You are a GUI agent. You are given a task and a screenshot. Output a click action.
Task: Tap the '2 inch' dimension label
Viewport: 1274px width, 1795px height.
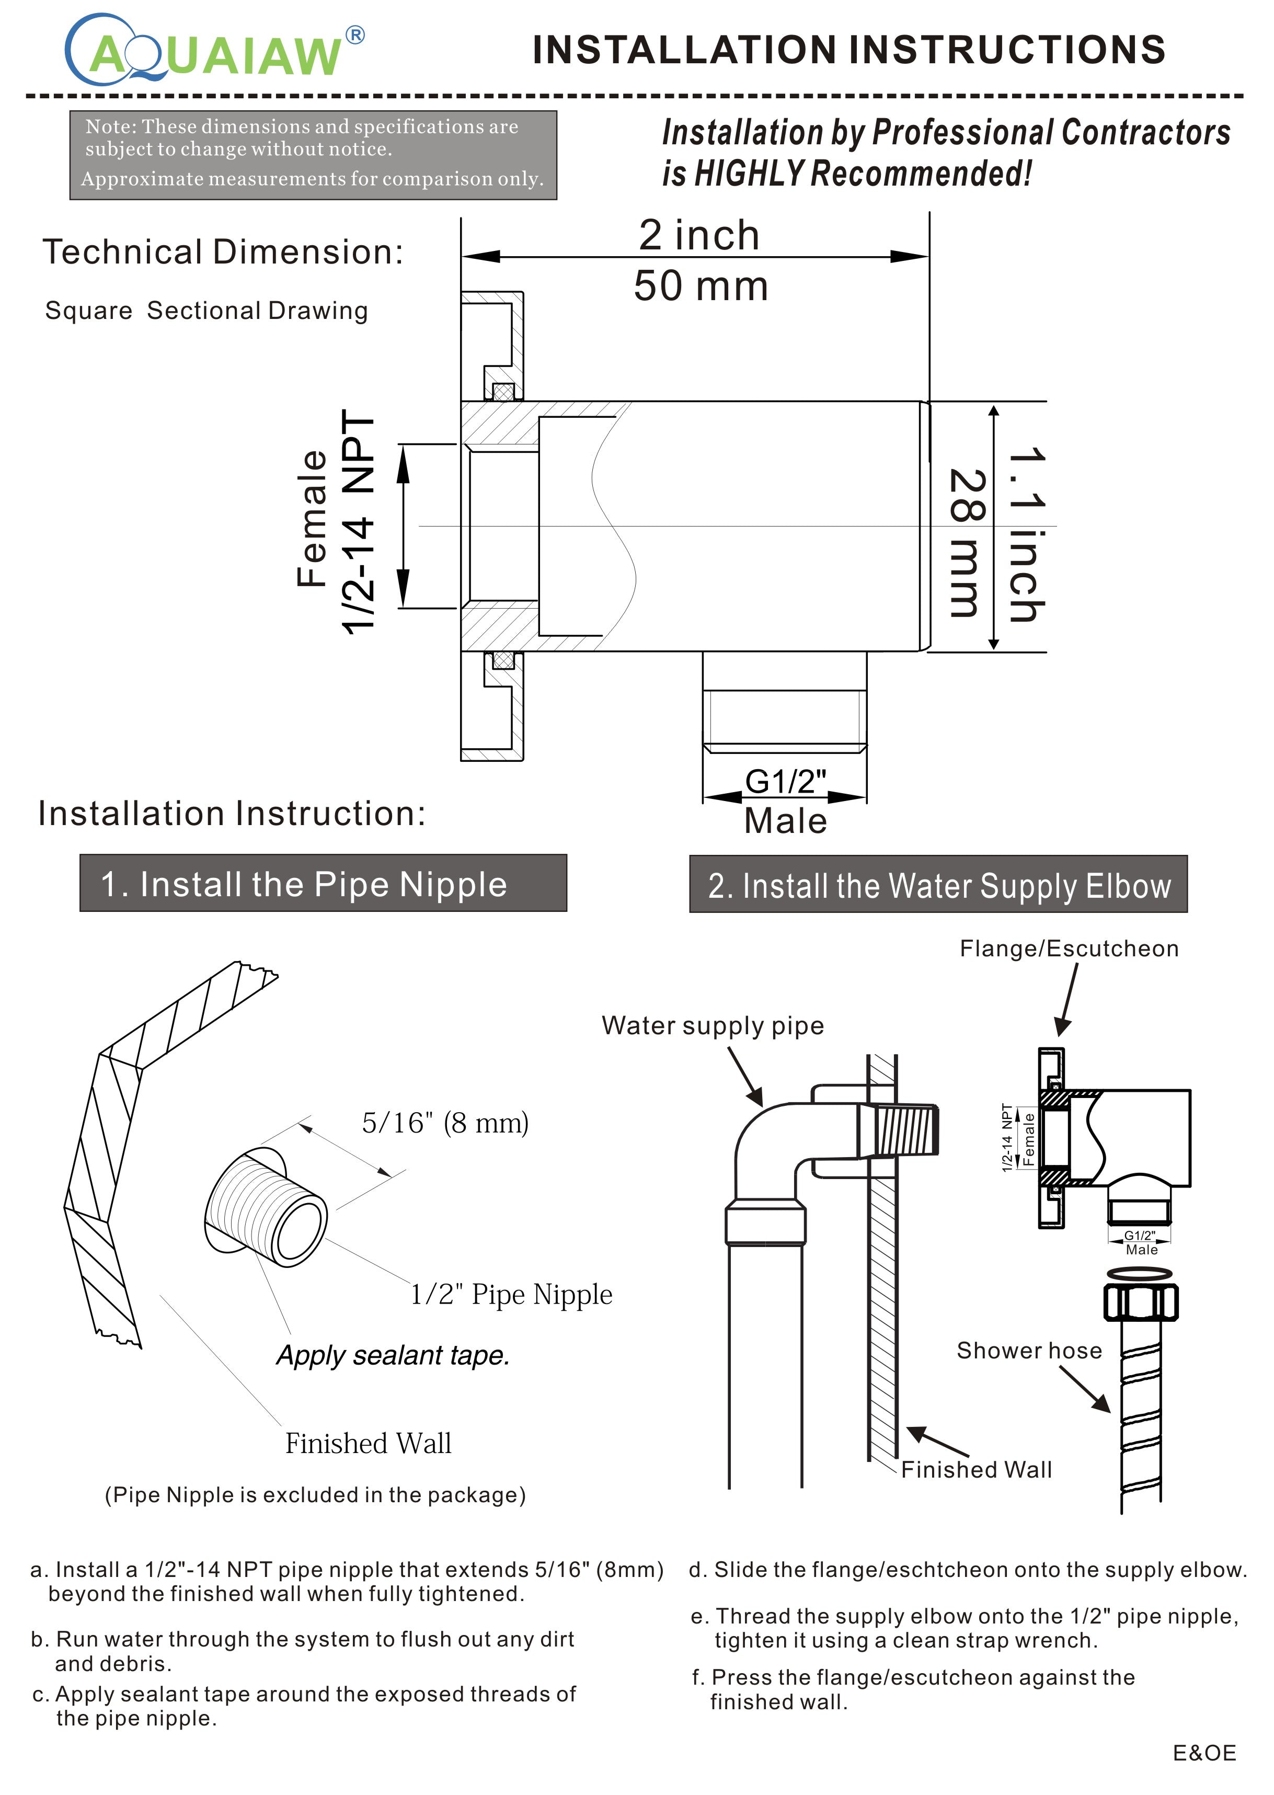698,235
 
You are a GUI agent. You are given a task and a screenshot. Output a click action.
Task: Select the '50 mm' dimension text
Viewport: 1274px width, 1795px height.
701,285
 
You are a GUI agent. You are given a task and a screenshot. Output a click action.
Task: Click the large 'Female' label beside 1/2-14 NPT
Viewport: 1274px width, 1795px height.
312,519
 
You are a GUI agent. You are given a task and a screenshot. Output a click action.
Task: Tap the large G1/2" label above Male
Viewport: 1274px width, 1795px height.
785,781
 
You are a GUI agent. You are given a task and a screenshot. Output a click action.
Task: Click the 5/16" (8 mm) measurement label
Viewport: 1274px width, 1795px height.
445,1123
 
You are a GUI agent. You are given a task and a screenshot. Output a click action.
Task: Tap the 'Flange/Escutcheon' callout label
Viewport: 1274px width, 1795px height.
1069,948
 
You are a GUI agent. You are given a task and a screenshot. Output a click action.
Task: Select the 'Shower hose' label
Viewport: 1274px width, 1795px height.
1028,1350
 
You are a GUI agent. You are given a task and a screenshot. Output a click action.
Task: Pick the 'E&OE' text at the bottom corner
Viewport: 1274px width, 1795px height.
1204,1753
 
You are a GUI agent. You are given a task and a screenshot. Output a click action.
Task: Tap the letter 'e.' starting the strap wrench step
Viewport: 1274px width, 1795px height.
700,1616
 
